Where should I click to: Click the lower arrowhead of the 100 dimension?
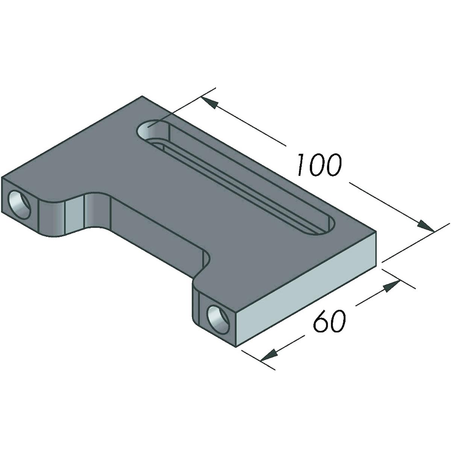tap(425, 225)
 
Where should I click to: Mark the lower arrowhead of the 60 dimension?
tap(269, 355)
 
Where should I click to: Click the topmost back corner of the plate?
tap(142, 96)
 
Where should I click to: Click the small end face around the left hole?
tap(21, 205)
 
